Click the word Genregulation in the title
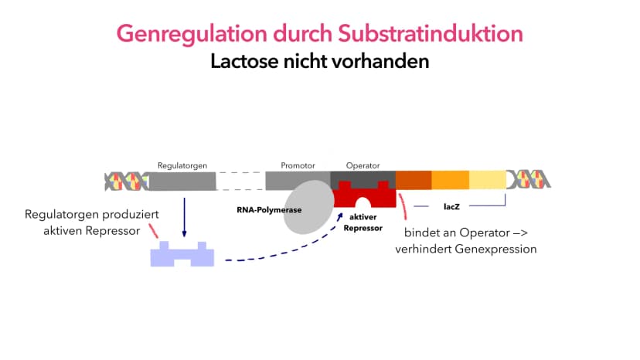pyautogui.click(x=192, y=33)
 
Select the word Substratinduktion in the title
pyautogui.click(x=431, y=33)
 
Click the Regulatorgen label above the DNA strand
pyautogui.click(x=182, y=166)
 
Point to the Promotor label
pyautogui.click(x=298, y=166)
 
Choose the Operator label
pyautogui.click(x=363, y=166)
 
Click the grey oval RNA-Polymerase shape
pyautogui.click(x=308, y=207)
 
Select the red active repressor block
pyautogui.click(x=365, y=194)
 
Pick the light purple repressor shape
pyautogui.click(x=182, y=254)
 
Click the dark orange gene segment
pyautogui.click(x=414, y=180)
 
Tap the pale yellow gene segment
pyautogui.click(x=488, y=180)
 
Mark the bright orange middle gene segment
pyautogui.click(x=450, y=180)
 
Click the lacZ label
pyautogui.click(x=451, y=207)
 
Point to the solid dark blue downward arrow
pyautogui.click(x=184, y=217)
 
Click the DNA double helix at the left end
pyautogui.click(x=127, y=182)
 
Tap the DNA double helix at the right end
pyautogui.click(x=529, y=179)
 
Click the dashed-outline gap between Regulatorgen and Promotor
pyautogui.click(x=241, y=181)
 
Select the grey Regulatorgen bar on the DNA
pyautogui.click(x=182, y=182)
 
